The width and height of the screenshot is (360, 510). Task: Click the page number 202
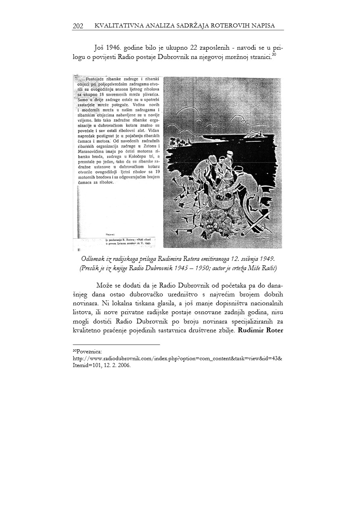coord(78,26)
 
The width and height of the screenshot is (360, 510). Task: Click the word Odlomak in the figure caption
coord(94,259)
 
